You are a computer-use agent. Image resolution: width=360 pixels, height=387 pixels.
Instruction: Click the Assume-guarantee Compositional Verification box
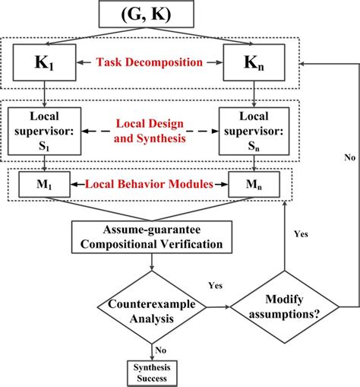pyautogui.click(x=153, y=237)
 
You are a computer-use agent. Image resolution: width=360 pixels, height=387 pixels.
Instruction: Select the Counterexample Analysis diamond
pyautogui.click(x=153, y=307)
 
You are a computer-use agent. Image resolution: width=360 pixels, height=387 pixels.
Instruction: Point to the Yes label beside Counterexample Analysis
pyautogui.click(x=215, y=286)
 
